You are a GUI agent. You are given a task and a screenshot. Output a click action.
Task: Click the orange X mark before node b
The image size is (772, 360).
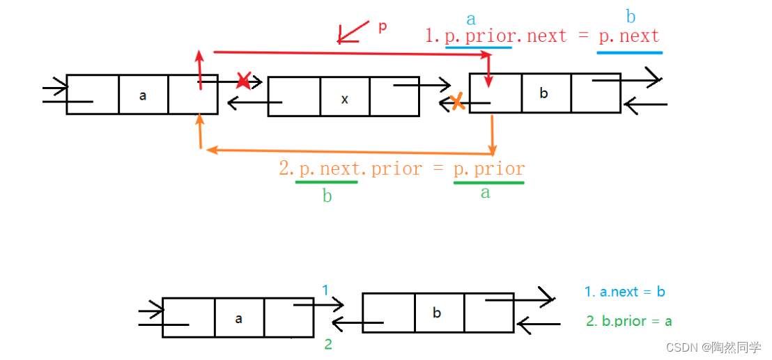point(456,103)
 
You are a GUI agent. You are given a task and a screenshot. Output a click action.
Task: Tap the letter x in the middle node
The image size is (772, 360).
point(345,99)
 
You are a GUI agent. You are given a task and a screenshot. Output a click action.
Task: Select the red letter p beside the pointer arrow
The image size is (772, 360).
point(382,27)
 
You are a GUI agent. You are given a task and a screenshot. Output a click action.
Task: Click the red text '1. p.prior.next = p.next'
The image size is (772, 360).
point(542,36)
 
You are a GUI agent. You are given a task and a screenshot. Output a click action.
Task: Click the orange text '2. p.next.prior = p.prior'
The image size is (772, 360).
point(402,169)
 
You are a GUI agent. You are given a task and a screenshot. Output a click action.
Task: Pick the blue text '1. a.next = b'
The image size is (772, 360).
point(625,292)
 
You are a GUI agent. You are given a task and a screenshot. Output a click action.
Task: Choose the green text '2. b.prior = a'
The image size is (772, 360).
point(629,321)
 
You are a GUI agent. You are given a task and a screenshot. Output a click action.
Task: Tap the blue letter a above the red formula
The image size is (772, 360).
point(472,19)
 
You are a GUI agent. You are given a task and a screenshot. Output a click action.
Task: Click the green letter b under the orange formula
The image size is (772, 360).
point(327,196)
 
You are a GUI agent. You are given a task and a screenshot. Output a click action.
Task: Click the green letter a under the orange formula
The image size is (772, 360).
point(486,193)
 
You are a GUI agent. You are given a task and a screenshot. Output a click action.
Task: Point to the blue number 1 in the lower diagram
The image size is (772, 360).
point(325,290)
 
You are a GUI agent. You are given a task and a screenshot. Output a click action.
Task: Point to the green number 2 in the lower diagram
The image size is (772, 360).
point(328,344)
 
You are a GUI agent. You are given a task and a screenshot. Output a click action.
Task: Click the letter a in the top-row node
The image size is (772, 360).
point(143,95)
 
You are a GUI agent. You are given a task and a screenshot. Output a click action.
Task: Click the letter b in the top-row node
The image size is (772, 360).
point(545,93)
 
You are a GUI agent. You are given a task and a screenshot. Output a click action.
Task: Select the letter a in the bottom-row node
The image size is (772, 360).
point(239,318)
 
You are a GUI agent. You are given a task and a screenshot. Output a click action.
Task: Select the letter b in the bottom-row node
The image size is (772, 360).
point(437,313)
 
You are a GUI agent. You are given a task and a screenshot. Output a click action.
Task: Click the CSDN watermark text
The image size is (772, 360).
point(713,347)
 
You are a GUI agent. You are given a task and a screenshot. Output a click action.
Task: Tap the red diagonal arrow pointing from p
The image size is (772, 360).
point(353,32)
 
